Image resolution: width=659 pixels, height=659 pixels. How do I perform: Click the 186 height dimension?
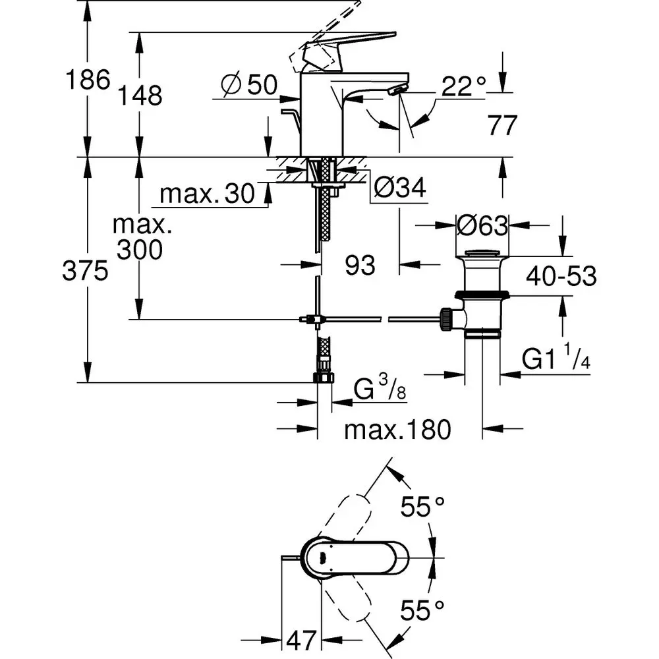click(86, 80)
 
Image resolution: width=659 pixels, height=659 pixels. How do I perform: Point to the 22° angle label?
click(463, 86)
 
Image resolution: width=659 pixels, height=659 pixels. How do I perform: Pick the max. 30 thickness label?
click(207, 194)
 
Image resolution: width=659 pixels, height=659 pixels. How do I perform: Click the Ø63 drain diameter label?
click(483, 226)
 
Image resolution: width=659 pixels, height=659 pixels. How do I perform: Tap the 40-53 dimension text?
click(561, 277)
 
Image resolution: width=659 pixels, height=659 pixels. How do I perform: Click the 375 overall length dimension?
click(85, 271)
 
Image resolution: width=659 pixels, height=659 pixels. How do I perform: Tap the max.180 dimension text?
click(398, 430)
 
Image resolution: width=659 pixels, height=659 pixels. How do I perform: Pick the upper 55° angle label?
click(423, 508)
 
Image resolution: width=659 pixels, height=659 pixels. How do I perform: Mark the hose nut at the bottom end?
click(324, 378)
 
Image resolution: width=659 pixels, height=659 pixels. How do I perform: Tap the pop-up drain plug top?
click(482, 252)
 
